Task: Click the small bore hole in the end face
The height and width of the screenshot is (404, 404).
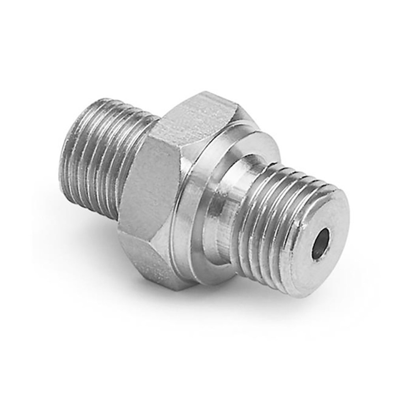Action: click(x=320, y=244)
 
